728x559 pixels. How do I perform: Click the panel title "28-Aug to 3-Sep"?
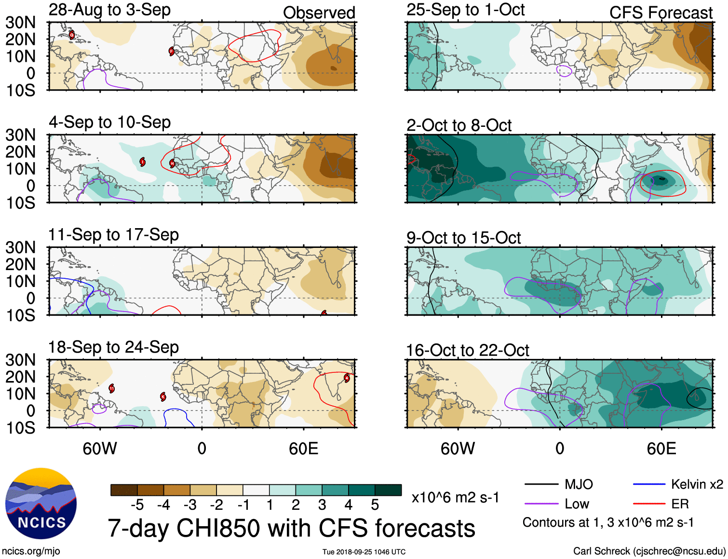[x=109, y=10]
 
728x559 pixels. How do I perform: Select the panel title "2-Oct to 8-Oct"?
[x=458, y=125]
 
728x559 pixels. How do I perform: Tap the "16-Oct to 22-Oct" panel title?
[x=467, y=351]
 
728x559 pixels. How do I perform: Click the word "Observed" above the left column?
[x=319, y=13]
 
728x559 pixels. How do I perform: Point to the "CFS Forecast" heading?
[x=661, y=13]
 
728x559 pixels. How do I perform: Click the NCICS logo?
[x=41, y=504]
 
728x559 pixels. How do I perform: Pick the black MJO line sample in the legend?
[x=541, y=484]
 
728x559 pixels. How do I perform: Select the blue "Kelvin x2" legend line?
[x=649, y=484]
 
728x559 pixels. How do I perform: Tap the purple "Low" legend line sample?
[x=541, y=504]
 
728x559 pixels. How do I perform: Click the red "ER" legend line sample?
[x=649, y=504]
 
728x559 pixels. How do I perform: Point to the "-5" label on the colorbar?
[x=137, y=505]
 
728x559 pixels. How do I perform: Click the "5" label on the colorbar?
[x=375, y=505]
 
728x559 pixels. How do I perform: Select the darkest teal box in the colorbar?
[x=388, y=490]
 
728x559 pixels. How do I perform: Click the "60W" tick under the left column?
[x=100, y=449]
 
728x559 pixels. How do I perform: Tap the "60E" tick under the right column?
[x=661, y=449]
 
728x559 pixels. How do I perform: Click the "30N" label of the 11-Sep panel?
[x=21, y=248]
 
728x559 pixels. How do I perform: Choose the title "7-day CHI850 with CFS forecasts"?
[x=291, y=528]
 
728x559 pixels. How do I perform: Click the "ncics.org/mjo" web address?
[x=31, y=551]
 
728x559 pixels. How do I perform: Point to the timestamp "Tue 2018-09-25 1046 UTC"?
[x=364, y=552]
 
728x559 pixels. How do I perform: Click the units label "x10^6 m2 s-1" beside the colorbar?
[x=455, y=497]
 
